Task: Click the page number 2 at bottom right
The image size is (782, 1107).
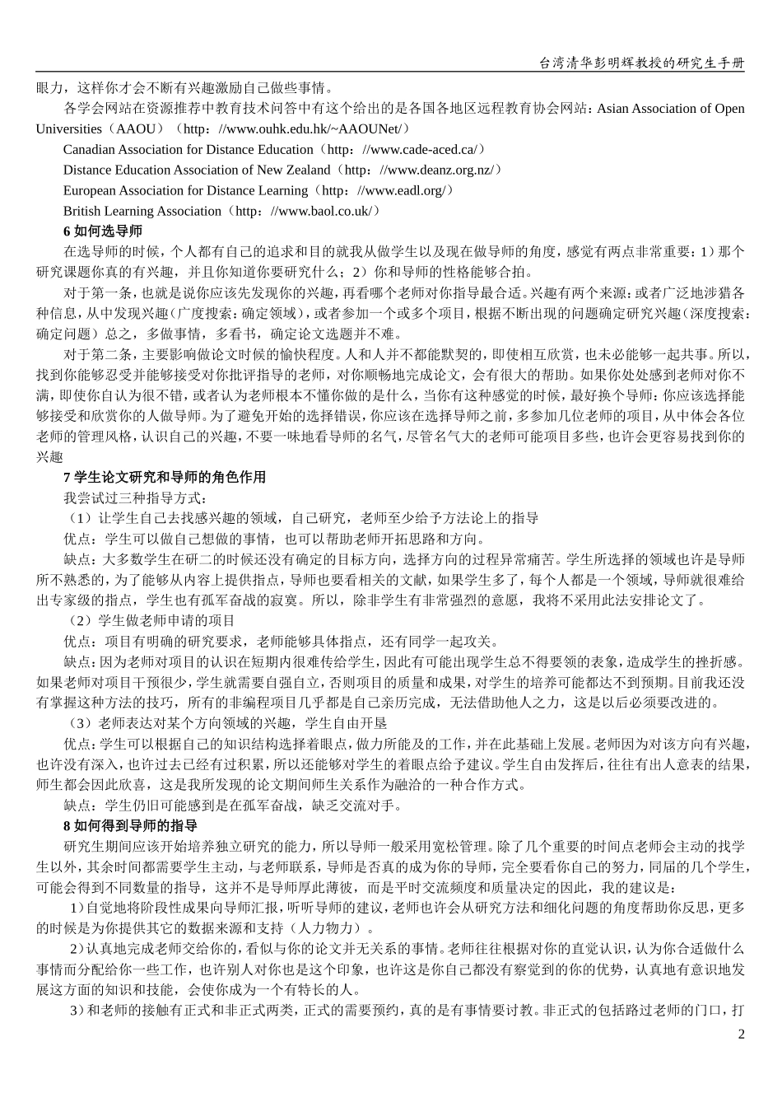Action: coord(741,1035)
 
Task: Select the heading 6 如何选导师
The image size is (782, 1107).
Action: coord(103,231)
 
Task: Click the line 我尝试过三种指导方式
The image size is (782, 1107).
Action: coord(134,497)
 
